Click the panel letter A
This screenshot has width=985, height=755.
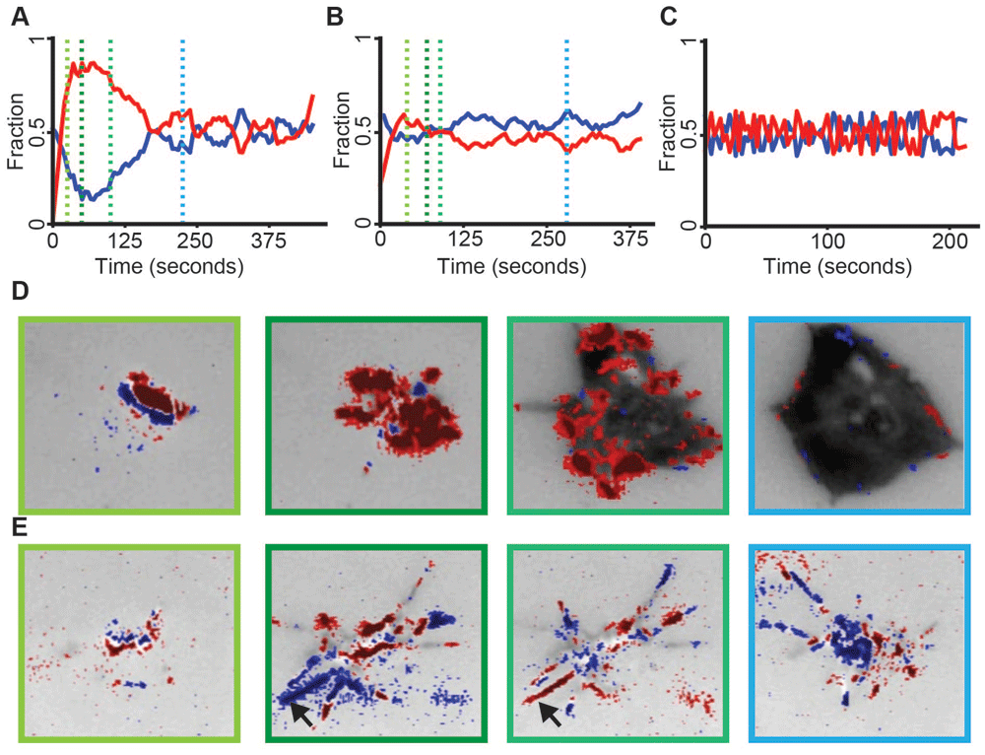(x=20, y=16)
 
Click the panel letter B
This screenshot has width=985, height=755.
(x=335, y=16)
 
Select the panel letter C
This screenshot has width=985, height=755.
(x=661, y=16)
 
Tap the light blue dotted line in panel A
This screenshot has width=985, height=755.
(x=183, y=128)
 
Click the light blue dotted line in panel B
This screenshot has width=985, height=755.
(x=566, y=128)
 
